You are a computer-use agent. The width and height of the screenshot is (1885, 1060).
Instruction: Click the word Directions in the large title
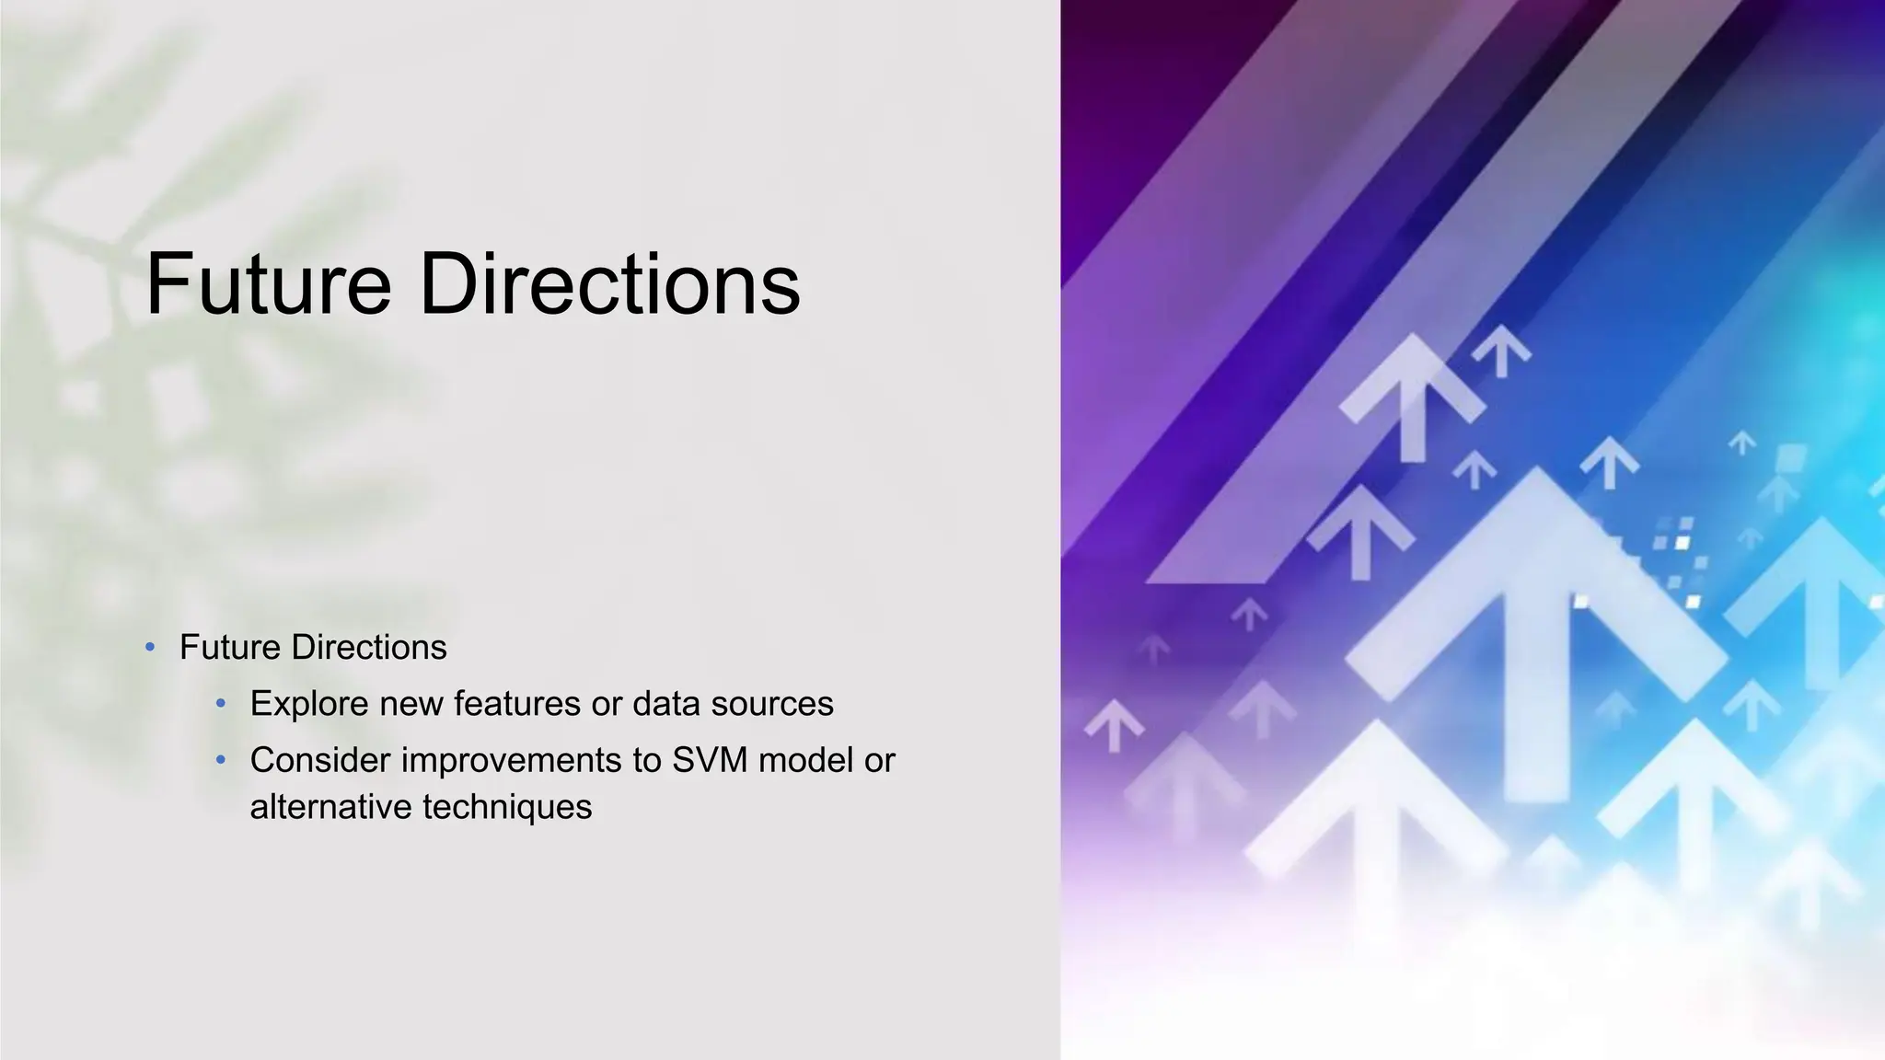[x=609, y=284]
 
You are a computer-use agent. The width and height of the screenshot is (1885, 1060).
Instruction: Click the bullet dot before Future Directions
[x=150, y=648]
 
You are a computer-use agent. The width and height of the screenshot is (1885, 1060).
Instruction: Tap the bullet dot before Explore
[x=220, y=705]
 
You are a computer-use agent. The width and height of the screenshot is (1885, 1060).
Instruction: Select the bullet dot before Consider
[x=220, y=761]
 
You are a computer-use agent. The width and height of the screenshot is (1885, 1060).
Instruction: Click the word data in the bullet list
[x=665, y=704]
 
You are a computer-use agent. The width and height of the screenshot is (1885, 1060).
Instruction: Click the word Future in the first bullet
[x=229, y=648]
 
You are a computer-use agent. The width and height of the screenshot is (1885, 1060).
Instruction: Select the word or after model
[x=880, y=761]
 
